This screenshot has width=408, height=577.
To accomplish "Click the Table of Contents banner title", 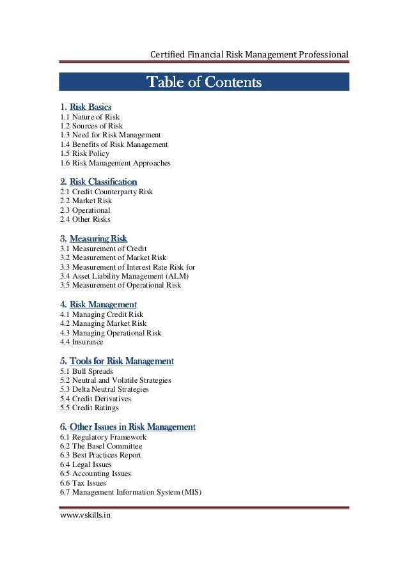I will [204, 82].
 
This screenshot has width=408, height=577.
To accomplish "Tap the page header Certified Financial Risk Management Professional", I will [249, 54].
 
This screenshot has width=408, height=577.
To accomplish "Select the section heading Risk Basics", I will [90, 107].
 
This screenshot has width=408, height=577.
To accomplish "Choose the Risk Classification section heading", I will [103, 181].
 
